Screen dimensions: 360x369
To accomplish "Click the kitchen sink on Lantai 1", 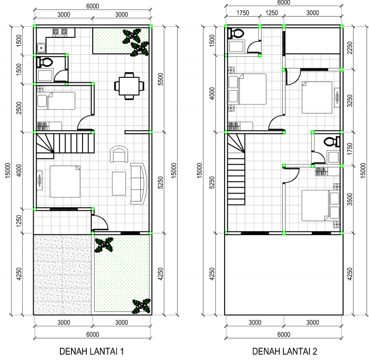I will click(41, 46).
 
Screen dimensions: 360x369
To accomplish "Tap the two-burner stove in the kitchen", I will click(60, 32).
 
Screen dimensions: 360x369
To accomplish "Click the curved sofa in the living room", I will click(138, 183).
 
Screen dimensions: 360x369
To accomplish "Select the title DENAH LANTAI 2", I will click(285, 352).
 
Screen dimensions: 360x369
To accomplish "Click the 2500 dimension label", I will click(19, 108).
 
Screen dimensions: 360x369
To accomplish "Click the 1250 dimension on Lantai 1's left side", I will click(19, 221).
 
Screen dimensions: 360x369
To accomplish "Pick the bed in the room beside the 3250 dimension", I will click(317, 97).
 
